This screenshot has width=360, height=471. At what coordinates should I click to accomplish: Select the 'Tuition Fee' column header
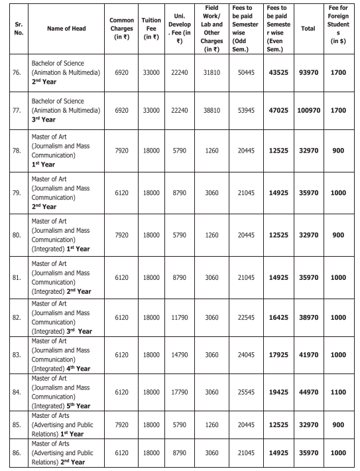pyautogui.click(x=151, y=29)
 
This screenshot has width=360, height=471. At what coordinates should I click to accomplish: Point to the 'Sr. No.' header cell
pyautogui.click(x=15, y=29)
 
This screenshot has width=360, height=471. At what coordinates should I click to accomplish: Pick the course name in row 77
pyautogui.click(x=65, y=108)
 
